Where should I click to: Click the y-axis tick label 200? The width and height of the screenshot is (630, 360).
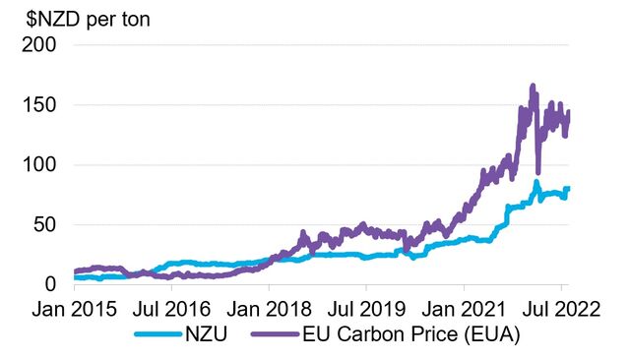click(38, 45)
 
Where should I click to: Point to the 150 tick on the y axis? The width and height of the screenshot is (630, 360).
click(38, 105)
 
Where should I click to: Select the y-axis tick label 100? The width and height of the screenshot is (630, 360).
click(38, 165)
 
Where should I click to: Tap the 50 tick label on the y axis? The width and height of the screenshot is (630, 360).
click(44, 224)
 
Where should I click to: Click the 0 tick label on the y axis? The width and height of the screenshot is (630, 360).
click(50, 284)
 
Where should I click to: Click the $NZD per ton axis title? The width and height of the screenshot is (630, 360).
click(83, 18)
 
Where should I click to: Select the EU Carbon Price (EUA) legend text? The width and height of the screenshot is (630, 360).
click(387, 334)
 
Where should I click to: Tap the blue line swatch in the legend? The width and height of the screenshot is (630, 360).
click(154, 334)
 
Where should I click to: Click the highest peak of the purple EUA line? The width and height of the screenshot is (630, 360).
click(532, 87)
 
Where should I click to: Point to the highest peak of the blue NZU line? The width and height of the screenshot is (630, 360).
click(536, 182)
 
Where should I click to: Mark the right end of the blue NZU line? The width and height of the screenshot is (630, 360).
click(569, 188)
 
